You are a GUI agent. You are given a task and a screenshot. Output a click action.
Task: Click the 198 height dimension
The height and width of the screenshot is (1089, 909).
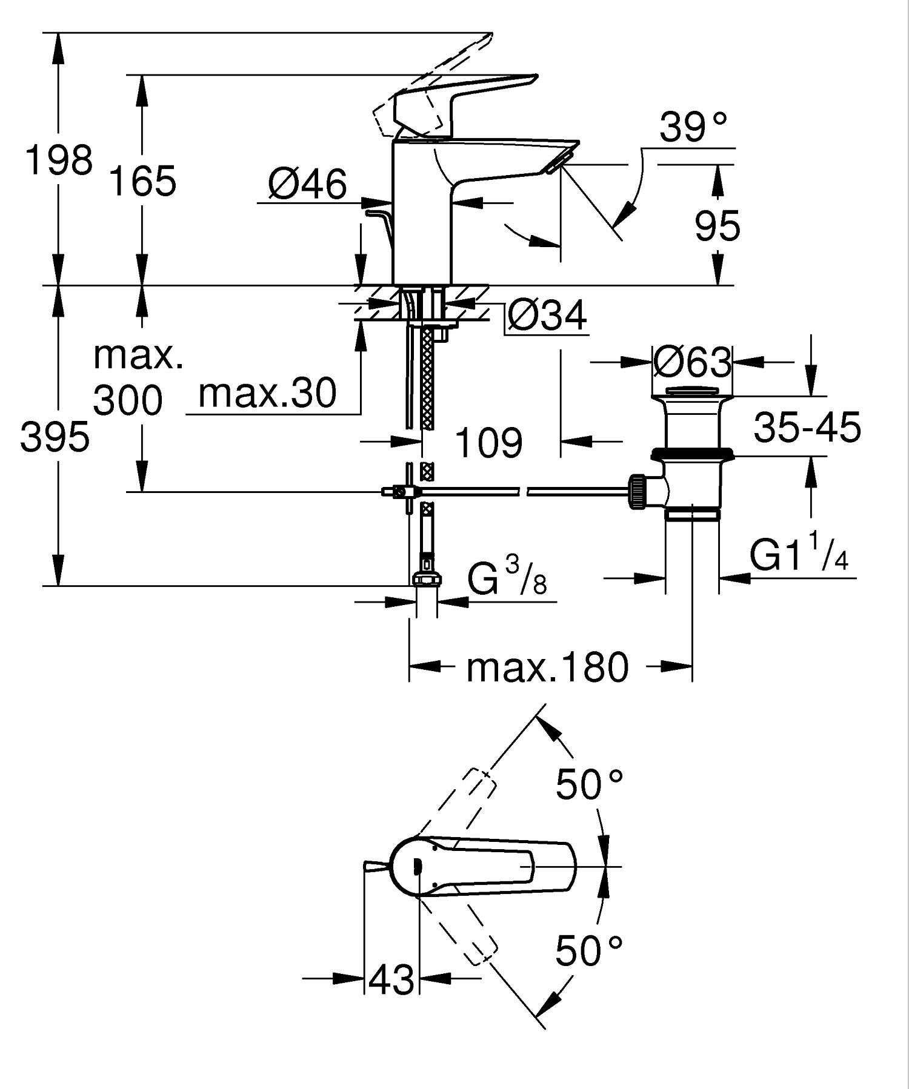tap(59, 161)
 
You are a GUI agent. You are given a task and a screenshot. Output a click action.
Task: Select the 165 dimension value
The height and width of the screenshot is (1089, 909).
tap(142, 180)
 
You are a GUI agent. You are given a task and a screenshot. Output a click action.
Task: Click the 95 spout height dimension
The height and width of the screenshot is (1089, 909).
tap(718, 226)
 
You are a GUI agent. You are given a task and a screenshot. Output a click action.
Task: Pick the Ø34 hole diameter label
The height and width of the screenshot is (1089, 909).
tap(547, 316)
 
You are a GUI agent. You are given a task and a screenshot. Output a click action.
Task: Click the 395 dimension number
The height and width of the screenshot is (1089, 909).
tap(55, 437)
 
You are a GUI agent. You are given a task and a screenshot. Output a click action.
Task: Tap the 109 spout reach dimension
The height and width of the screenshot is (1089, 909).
tap(488, 443)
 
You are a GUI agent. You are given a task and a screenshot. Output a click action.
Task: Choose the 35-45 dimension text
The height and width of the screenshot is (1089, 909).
tap(807, 427)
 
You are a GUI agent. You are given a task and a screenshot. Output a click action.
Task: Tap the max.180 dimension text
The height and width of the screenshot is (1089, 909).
tap(547, 668)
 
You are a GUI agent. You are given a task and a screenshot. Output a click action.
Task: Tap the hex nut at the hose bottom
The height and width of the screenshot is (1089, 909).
tap(427, 580)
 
